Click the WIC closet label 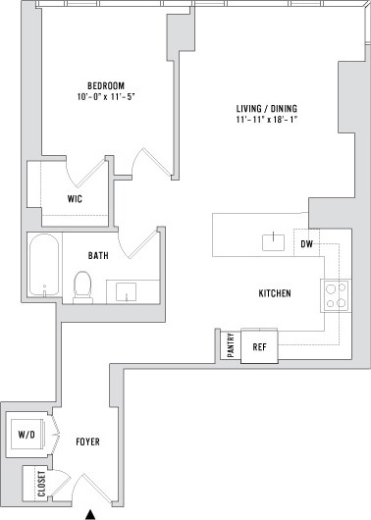[x=75, y=198]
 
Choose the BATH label [x=98, y=256]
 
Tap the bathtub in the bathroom [x=45, y=266]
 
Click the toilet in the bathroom [x=83, y=286]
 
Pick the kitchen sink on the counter [x=270, y=242]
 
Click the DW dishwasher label [x=306, y=244]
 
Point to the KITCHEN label [x=273, y=293]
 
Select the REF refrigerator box [x=260, y=346]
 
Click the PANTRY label [x=229, y=346]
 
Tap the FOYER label [x=88, y=442]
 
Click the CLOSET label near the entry [x=41, y=485]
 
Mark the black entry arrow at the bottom [x=91, y=513]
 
